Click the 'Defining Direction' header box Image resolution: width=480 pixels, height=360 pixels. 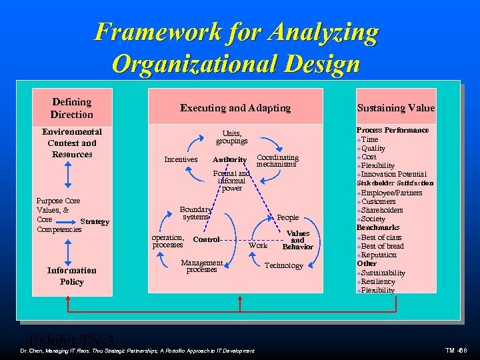click(72, 107)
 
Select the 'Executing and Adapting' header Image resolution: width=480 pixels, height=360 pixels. click(235, 107)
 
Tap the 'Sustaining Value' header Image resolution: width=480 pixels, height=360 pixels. click(395, 107)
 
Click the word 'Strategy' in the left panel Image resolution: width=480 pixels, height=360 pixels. click(94, 221)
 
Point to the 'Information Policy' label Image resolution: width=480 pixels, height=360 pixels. click(72, 276)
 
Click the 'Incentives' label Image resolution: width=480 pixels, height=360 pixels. click(181, 159)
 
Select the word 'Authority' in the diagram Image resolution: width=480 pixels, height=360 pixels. click(229, 159)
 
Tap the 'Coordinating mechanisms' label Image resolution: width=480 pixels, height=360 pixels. click(277, 161)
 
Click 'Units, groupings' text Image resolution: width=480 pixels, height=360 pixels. click(231, 137)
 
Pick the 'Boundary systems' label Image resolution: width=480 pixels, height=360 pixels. click(195, 213)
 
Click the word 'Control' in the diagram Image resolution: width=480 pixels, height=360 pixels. click(206, 239)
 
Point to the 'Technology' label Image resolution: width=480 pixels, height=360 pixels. click(283, 265)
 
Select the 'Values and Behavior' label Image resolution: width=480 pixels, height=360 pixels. click(297, 240)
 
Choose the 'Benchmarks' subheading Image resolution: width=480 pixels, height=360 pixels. click(378, 227)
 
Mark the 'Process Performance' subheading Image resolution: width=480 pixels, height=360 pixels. click(392, 130)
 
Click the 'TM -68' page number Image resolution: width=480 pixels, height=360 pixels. click(459, 351)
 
